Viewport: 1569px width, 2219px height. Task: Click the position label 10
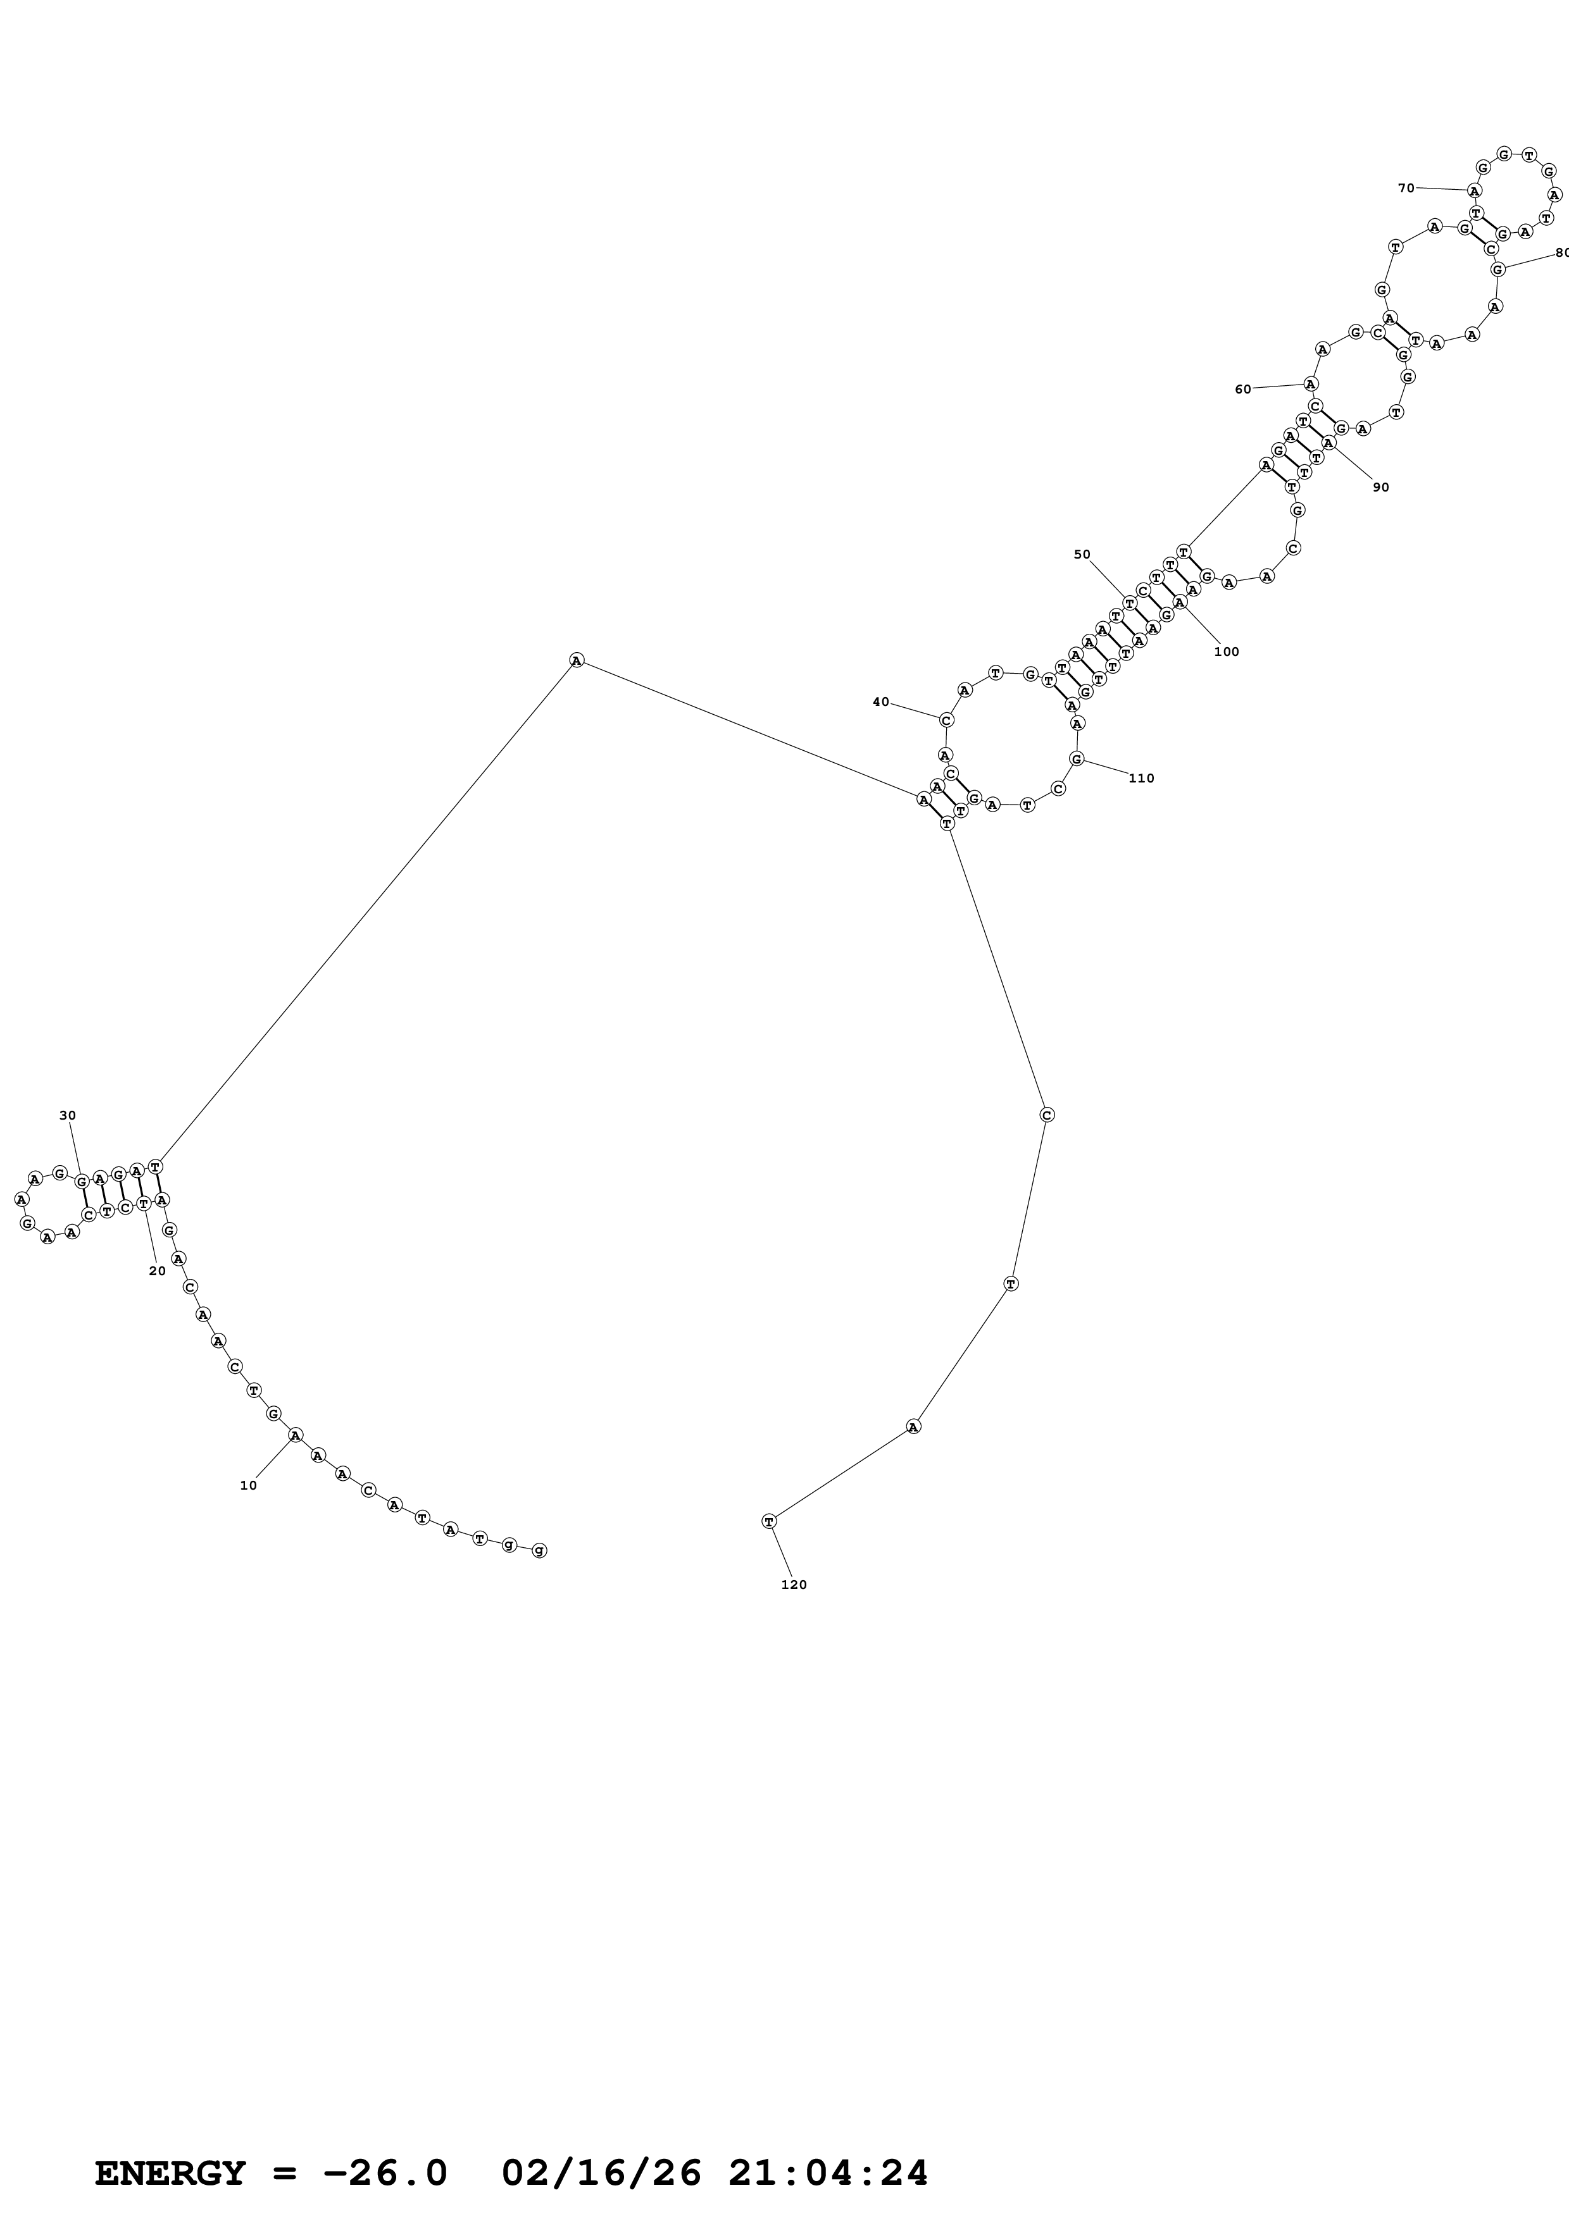point(249,1485)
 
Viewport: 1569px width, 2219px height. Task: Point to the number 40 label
point(880,702)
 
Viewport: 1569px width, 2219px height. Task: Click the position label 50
point(1082,555)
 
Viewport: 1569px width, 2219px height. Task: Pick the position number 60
point(1243,390)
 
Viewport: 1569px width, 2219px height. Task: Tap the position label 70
point(1406,189)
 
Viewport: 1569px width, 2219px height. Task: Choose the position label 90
point(1380,487)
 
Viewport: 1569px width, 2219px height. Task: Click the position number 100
point(1226,652)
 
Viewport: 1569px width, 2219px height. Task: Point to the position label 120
point(794,1585)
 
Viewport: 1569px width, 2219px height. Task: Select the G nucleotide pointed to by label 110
point(1077,758)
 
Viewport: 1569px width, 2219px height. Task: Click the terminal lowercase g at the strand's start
point(539,1550)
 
